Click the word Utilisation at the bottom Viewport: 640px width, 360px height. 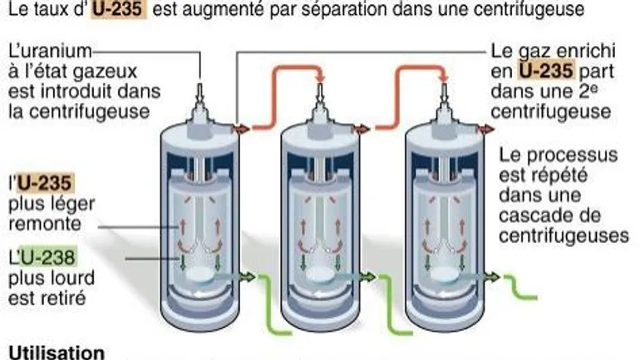57,352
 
